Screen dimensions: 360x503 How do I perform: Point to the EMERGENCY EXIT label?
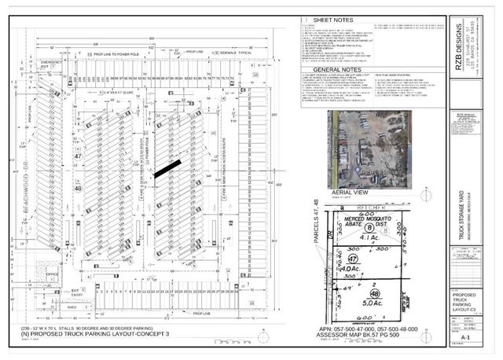click(x=51, y=64)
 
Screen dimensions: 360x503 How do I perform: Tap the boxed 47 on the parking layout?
click(x=78, y=157)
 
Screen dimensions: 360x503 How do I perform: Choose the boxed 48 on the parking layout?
click(x=78, y=189)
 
